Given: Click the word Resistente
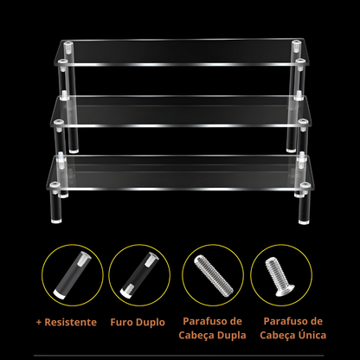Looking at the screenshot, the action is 71,322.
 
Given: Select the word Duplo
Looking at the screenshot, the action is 151,323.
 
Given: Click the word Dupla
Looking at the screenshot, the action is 232,336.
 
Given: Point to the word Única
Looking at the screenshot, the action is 312,335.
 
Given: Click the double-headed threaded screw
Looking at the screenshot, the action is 214,275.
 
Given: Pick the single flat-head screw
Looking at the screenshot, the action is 279,276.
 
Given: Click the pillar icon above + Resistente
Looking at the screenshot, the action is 73,275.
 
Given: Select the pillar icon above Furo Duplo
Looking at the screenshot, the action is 139,275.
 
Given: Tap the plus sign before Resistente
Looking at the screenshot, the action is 39,323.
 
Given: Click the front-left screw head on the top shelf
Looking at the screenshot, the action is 62,61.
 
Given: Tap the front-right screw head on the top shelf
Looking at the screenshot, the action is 300,61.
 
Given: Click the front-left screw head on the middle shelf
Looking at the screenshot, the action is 59,122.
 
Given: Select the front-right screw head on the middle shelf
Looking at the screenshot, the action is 303,122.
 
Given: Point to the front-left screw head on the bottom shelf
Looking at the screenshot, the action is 55,184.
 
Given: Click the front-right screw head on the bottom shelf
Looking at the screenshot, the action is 305,184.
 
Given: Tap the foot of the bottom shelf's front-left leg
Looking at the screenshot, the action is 56,222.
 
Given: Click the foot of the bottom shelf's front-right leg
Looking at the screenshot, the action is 304,222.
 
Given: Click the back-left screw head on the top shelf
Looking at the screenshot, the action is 68,44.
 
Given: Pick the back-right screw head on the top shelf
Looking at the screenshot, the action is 295,43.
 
